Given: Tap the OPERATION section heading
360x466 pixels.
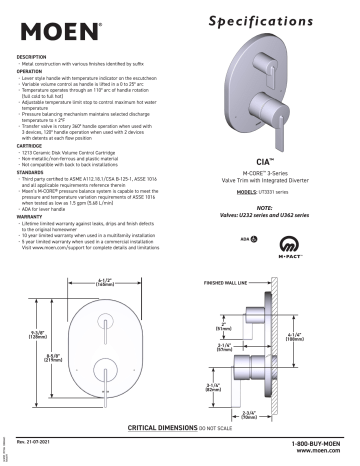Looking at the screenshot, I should pos(34,71).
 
